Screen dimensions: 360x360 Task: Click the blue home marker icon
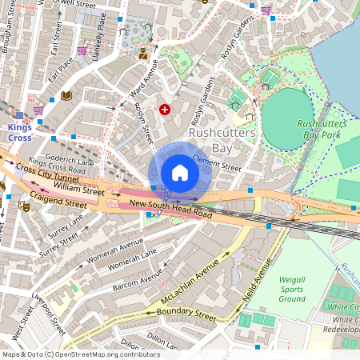coord(180,173)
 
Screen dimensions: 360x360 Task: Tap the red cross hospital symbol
coord(165,109)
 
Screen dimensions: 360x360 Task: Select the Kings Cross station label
coord(19,132)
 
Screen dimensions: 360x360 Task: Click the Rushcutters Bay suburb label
coord(222,141)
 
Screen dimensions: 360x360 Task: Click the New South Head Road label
coord(170,214)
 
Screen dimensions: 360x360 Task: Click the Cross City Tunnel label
coord(50,176)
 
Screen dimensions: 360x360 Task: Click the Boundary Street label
coord(186,314)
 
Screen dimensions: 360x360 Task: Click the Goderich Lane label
coord(70,161)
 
